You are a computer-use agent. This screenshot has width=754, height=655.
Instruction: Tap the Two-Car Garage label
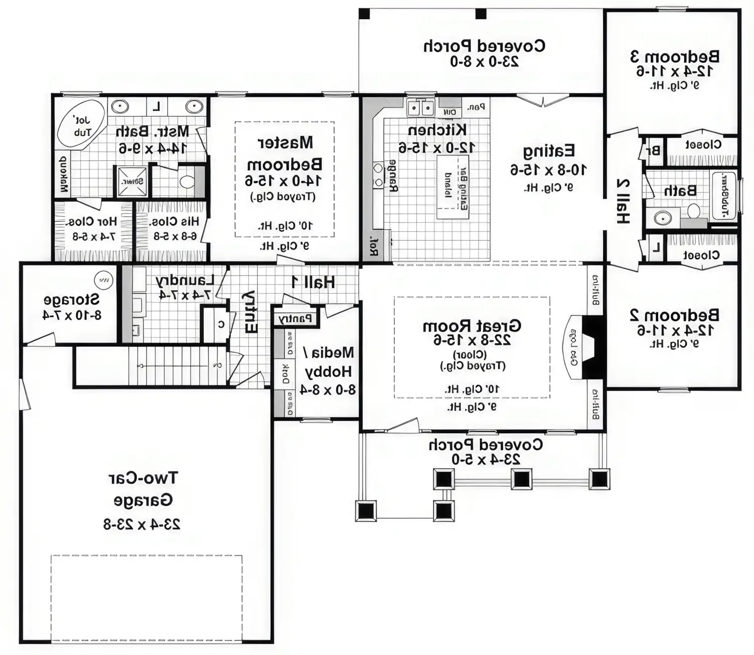[143, 489]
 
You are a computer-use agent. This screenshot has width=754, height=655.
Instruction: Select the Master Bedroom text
[285, 153]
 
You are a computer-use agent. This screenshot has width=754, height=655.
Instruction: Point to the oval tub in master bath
[80, 125]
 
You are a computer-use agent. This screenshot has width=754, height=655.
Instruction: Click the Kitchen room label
[437, 130]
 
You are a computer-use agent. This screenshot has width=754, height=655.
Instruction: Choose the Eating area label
[548, 151]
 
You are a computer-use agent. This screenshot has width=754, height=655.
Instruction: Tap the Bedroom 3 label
[675, 56]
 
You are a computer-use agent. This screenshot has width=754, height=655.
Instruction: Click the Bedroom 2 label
[674, 315]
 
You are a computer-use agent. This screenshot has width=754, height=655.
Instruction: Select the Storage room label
[71, 300]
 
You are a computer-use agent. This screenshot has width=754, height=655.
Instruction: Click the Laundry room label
[184, 280]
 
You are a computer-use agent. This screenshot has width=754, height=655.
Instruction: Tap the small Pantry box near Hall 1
[295, 319]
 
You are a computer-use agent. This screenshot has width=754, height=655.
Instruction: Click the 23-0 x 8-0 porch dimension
[484, 61]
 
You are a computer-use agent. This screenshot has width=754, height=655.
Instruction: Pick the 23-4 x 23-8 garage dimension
[142, 524]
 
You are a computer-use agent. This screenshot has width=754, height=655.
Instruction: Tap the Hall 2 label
[623, 201]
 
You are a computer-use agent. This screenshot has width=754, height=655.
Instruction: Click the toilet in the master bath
[186, 181]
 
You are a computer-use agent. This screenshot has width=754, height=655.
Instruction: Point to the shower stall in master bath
[133, 181]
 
